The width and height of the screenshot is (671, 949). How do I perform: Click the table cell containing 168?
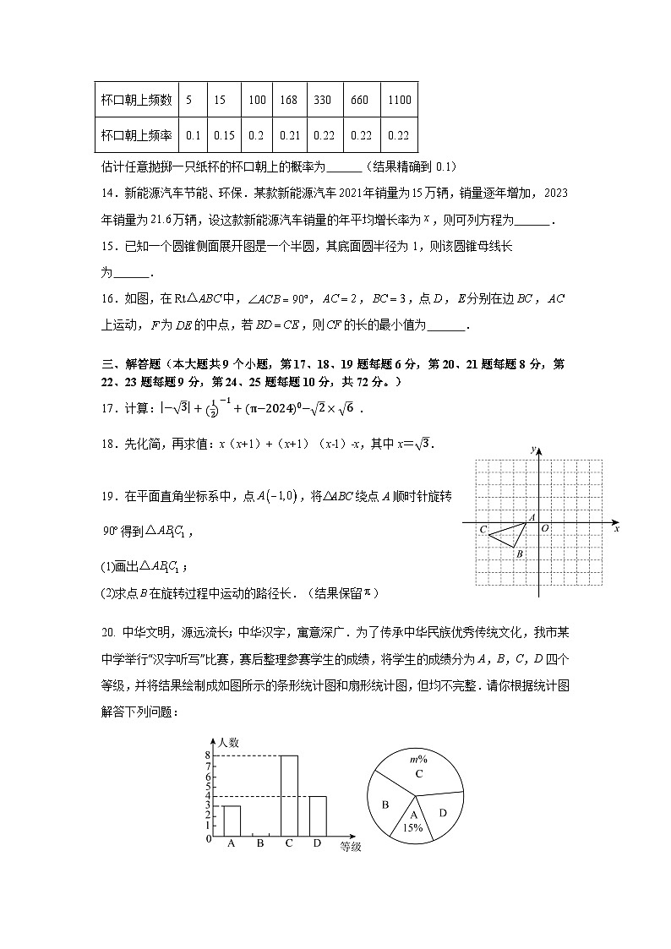288,100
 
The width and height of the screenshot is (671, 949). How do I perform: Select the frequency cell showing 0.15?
224,134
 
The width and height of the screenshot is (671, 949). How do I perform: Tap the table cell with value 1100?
399,100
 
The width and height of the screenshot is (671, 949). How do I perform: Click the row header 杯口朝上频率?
136,134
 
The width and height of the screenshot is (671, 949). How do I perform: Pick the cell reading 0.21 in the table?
288,134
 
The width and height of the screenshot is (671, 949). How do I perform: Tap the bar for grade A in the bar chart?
232,821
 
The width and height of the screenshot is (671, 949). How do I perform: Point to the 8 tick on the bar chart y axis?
207,755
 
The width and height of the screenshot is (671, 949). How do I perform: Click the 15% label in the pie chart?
413,828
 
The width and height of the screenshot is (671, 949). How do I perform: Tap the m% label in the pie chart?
417,760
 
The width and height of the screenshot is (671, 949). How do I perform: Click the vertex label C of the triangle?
483,530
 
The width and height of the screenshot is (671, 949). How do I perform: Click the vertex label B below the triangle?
519,554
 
